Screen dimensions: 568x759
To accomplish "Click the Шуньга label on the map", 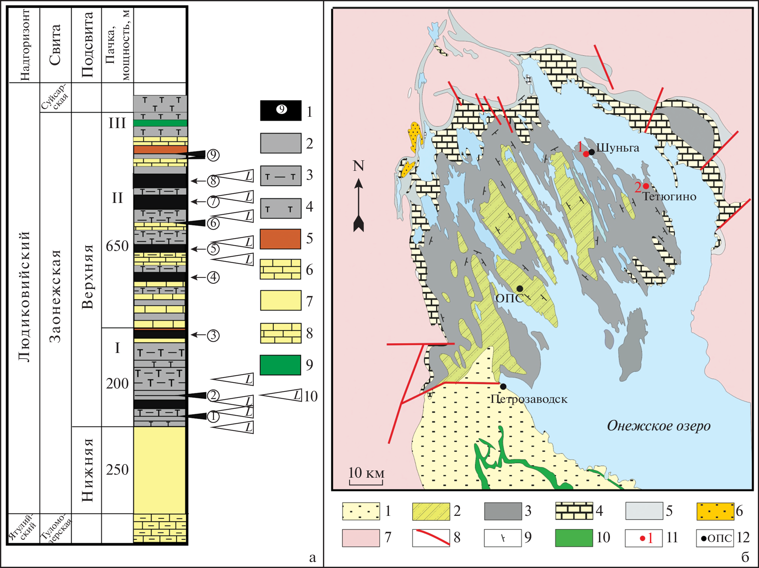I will pos(617,148).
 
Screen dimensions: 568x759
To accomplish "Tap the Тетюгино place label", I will pos(669,197).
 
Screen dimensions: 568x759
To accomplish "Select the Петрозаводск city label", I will pos(529,399).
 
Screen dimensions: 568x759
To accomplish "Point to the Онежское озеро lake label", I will pos(659,426).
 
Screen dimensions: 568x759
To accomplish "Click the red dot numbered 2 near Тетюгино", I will pos(646,186).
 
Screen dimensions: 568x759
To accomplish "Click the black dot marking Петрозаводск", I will pos(503,386).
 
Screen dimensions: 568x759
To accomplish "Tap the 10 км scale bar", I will pos(366,477).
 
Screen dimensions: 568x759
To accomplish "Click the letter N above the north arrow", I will pos(359,166).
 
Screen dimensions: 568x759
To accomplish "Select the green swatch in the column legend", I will pos(280,365).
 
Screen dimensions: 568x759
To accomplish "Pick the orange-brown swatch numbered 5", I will pos(280,239).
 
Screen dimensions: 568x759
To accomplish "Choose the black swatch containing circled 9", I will pos(281,110).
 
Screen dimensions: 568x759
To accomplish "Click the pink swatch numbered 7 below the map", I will pos(360,538).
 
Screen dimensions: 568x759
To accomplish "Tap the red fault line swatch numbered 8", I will pos(431,538).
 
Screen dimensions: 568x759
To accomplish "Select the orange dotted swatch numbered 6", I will pos(715,511).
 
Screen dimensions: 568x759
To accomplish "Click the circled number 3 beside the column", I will pos(213,335).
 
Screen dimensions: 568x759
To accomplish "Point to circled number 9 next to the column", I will pos(213,155).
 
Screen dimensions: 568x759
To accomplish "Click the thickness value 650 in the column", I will pos(117,246).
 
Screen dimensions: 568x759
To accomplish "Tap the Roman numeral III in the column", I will pos(117,123).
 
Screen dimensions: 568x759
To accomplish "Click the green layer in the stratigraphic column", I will pos(160,123).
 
